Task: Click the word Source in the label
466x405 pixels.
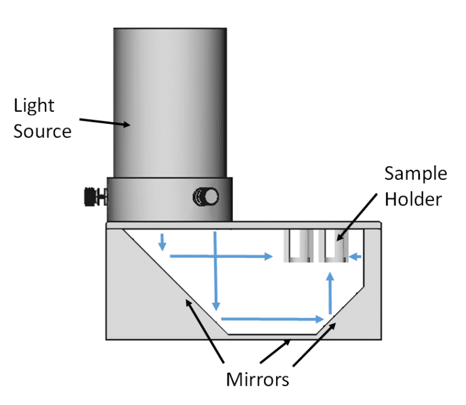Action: pyautogui.click(x=42, y=131)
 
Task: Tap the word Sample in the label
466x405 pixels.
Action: pyautogui.click(x=416, y=173)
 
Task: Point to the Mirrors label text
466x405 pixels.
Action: pyautogui.click(x=257, y=380)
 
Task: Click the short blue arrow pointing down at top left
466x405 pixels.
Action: pyautogui.click(x=162, y=241)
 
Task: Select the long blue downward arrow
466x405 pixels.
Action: pyautogui.click(x=215, y=270)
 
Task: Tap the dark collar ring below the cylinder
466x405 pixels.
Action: pyautogui.click(x=169, y=199)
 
